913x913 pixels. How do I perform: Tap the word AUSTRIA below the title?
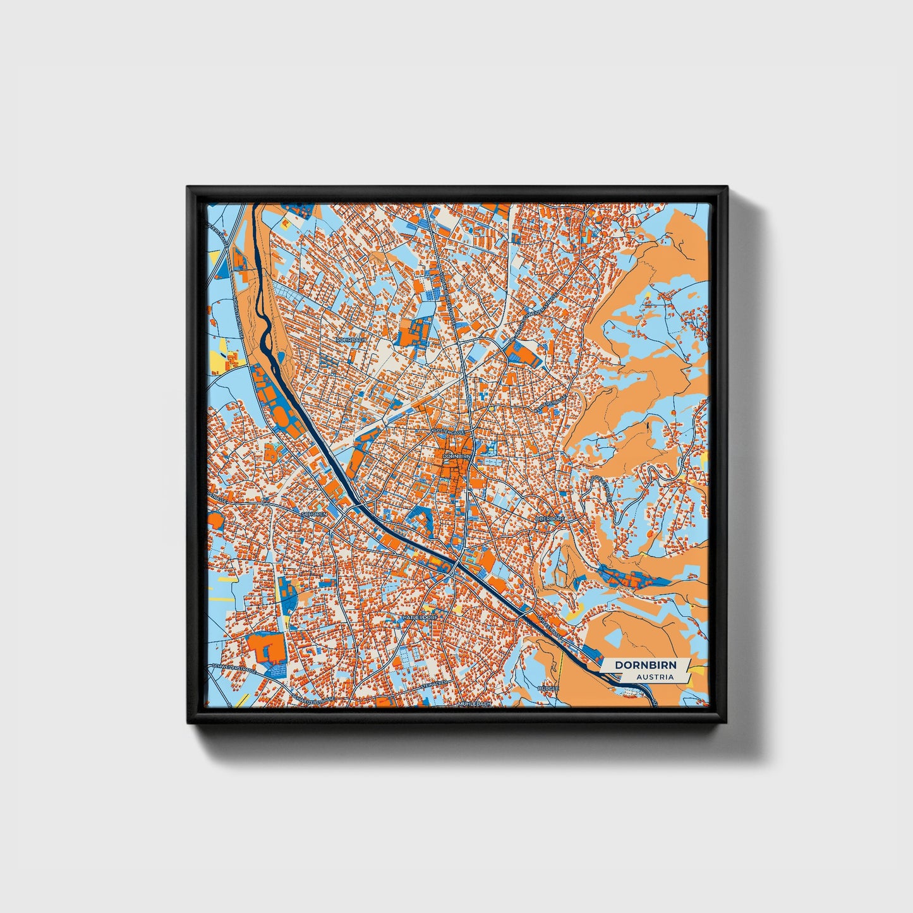[655, 677]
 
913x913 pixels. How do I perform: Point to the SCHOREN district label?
[315, 514]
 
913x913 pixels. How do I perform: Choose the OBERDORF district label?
[550, 518]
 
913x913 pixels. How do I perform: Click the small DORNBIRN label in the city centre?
[456, 456]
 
